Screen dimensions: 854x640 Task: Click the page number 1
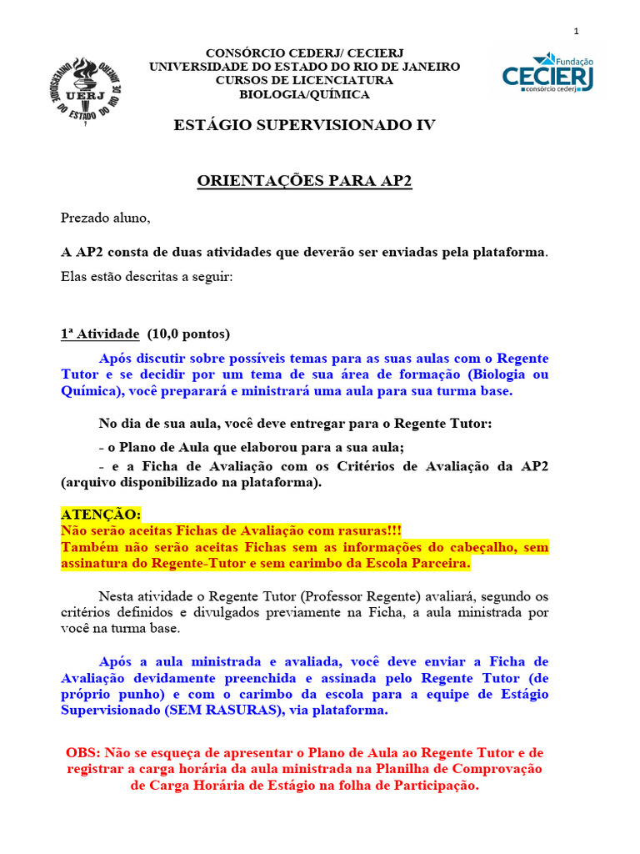point(576,32)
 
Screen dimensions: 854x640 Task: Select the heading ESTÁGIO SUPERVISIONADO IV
point(304,125)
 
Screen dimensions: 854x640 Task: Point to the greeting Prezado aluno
point(106,219)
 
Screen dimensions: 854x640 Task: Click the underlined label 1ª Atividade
point(100,334)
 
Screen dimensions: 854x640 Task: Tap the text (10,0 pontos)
point(188,334)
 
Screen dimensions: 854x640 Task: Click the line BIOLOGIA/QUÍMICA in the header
point(304,94)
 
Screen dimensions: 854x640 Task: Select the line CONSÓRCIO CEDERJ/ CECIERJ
point(304,53)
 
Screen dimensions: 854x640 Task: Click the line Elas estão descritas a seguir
point(147,276)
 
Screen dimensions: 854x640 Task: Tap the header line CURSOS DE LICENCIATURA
point(304,80)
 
